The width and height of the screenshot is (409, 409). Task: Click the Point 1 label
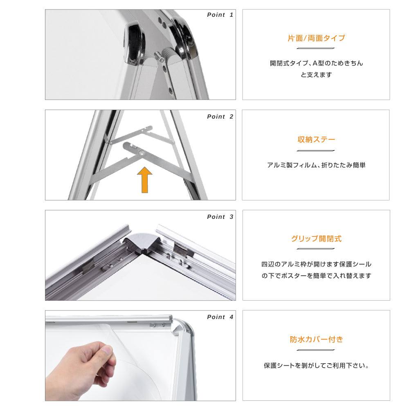click(x=220, y=15)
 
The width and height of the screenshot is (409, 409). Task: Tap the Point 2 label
click(x=220, y=117)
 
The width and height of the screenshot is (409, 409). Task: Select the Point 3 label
click(x=220, y=217)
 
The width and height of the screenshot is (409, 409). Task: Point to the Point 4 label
click(x=220, y=317)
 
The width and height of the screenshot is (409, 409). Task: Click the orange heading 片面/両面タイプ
click(x=316, y=38)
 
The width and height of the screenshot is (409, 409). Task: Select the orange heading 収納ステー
click(x=316, y=140)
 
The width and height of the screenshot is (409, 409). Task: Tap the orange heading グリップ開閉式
click(x=316, y=239)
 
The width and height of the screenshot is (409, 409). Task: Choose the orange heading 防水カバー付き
click(x=316, y=339)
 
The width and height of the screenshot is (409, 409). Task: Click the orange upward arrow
click(x=144, y=180)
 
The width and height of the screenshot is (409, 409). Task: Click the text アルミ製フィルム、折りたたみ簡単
click(x=316, y=165)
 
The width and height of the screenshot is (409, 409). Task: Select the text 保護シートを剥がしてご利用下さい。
click(x=316, y=366)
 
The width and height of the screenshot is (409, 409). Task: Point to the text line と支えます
click(x=316, y=75)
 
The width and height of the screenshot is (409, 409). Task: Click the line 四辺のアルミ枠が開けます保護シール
click(x=316, y=264)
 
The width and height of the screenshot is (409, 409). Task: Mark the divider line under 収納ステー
click(x=316, y=151)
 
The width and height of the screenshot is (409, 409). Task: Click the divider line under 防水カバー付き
click(x=316, y=350)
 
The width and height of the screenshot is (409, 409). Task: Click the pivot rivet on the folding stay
click(x=142, y=152)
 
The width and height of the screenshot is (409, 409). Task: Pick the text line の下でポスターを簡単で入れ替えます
click(x=316, y=276)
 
